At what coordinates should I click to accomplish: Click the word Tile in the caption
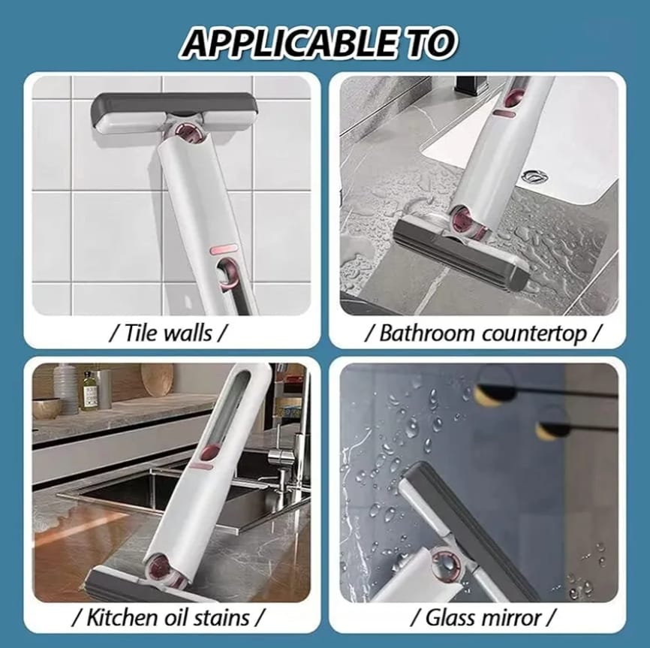[x=140, y=333]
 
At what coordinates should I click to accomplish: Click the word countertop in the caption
[x=534, y=334]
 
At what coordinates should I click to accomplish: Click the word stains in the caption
[x=221, y=617]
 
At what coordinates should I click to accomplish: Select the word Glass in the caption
[x=452, y=618]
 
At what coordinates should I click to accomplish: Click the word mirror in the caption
[x=513, y=618]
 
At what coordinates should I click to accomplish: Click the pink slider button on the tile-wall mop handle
[x=224, y=250]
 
